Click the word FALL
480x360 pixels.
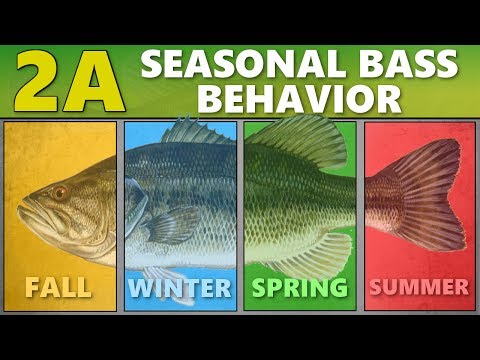(x=59, y=288)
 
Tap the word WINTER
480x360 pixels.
(x=180, y=289)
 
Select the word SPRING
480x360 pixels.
(x=300, y=289)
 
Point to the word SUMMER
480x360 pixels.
(x=420, y=289)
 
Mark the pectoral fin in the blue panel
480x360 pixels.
(x=170, y=224)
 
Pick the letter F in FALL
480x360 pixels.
(x=32, y=288)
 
